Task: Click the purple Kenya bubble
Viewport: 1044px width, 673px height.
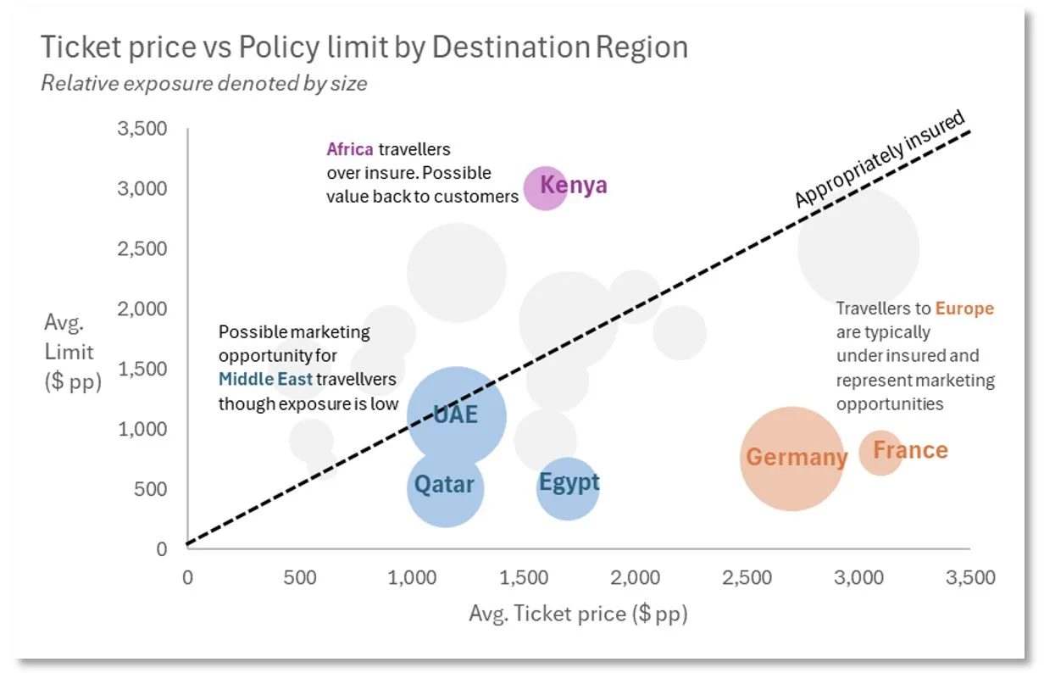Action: click(545, 187)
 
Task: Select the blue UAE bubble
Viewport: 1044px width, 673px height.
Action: click(457, 415)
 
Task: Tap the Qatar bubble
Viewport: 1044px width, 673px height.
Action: click(445, 487)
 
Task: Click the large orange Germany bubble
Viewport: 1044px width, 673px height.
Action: click(791, 459)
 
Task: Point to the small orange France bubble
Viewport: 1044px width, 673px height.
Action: click(881, 452)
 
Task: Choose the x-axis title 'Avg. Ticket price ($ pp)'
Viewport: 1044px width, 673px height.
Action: click(578, 614)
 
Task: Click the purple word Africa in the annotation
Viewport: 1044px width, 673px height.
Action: click(349, 150)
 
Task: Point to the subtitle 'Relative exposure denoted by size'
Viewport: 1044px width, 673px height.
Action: click(204, 84)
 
